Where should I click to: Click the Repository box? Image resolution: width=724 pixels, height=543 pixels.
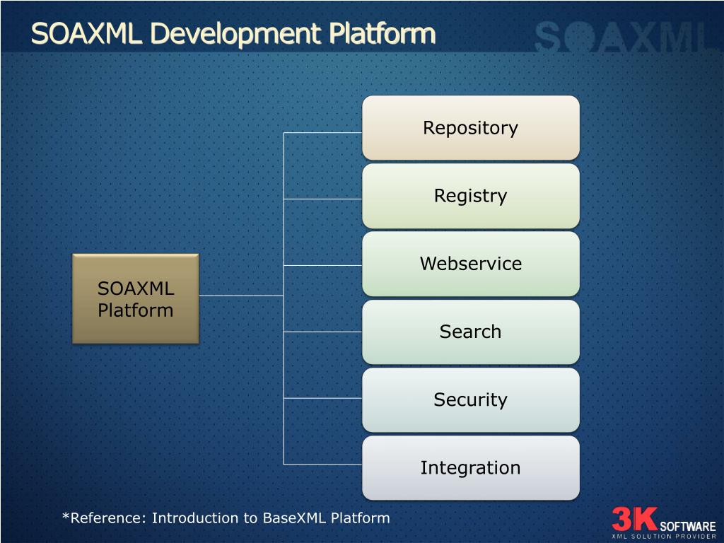[x=470, y=128]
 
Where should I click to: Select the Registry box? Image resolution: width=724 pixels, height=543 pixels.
[x=470, y=196]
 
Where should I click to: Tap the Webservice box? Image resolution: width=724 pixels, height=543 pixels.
[x=470, y=264]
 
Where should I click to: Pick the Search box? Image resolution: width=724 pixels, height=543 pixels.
[x=470, y=332]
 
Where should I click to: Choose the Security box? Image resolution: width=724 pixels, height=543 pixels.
[x=470, y=399]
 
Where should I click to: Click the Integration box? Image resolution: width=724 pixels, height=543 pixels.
[x=470, y=467]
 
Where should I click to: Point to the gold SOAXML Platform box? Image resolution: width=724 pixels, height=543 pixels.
[x=135, y=299]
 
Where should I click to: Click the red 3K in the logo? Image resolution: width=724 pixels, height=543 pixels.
[x=634, y=519]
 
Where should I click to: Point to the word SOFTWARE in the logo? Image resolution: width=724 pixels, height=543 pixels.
[x=687, y=526]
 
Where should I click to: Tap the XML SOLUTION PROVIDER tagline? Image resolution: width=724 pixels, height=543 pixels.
[x=664, y=537]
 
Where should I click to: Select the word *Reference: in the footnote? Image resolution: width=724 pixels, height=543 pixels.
[x=105, y=518]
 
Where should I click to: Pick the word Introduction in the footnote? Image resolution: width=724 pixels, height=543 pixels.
[x=196, y=518]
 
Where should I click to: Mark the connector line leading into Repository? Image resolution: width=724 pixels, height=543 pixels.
[x=323, y=132]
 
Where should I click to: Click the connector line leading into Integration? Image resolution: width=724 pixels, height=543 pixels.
[x=323, y=464]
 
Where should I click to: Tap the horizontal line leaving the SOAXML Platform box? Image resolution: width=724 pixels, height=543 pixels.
[x=240, y=296]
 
